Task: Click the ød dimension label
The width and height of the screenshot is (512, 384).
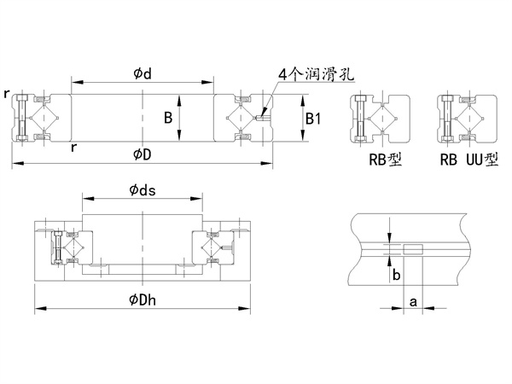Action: coord(142,73)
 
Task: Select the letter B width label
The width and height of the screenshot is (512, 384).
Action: coord(168,116)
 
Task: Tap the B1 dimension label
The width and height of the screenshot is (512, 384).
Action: coord(313,119)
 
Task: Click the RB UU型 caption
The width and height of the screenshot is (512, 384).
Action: coord(468,158)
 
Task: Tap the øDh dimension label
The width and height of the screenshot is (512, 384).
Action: coord(142,298)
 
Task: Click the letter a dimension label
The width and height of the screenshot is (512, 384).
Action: coord(413,302)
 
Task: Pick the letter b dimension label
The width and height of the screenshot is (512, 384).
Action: coord(395,273)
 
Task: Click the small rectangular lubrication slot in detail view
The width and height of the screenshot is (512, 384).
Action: coord(411,249)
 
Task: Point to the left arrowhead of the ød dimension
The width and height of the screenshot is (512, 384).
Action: coord(74,83)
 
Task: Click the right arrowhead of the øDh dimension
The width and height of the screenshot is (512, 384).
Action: coord(247,308)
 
